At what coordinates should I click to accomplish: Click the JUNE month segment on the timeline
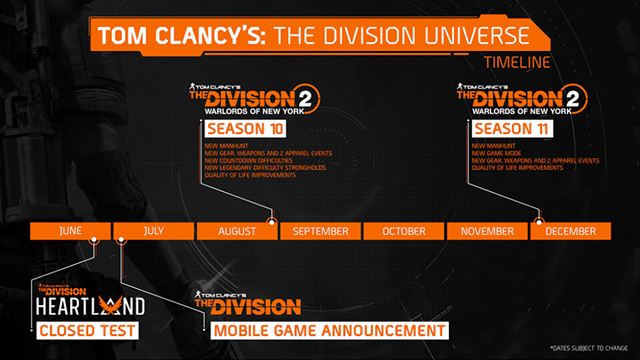click(70, 230)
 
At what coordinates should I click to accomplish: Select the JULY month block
click(153, 230)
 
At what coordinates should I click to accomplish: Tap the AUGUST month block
click(236, 230)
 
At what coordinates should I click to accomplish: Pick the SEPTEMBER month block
click(320, 230)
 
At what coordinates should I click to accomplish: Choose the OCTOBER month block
click(402, 230)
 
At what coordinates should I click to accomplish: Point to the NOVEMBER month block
click(486, 230)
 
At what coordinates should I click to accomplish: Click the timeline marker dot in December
click(540, 220)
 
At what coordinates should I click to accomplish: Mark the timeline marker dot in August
click(273, 220)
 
